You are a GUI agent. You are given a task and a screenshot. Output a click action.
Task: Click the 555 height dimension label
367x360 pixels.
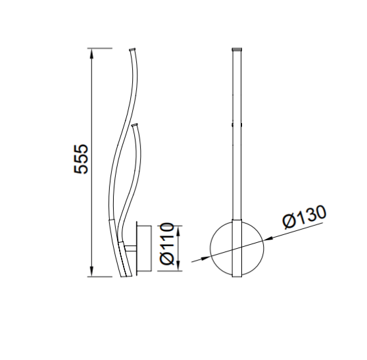pos(81,159)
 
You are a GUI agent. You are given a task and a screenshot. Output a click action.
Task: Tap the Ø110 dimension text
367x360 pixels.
pos(167,244)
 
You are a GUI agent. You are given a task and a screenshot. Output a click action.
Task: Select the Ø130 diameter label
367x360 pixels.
pos(305,217)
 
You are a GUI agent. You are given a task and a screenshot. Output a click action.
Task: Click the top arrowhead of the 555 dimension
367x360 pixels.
pos(92,53)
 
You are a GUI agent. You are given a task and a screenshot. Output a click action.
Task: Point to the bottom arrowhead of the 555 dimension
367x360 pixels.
pos(92,272)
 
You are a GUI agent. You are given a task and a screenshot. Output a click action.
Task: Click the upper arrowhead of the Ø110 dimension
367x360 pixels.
pos(178,231)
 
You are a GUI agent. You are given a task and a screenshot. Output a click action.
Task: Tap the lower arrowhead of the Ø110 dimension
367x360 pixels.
pos(178,266)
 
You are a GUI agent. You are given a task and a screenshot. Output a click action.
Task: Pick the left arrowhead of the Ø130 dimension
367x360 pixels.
pos(205,258)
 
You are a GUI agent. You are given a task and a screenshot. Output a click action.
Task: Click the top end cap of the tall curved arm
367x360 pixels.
pos(132,49)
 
